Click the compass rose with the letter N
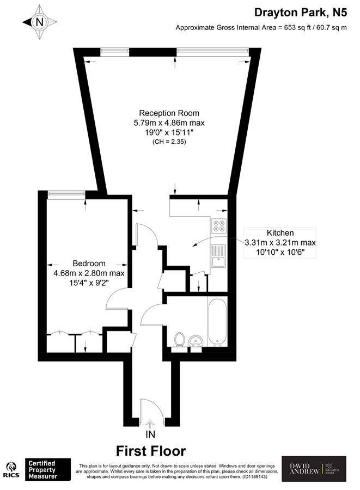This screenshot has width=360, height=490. (x=39, y=23)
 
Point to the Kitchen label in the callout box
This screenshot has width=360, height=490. (x=280, y=232)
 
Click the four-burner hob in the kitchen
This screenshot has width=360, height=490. (x=219, y=225)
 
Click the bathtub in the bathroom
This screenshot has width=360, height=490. (x=217, y=322)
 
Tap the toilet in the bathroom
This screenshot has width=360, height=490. (x=178, y=340)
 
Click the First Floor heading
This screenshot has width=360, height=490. (x=151, y=451)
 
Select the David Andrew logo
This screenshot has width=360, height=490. (x=313, y=469)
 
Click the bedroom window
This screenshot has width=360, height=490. (x=66, y=193)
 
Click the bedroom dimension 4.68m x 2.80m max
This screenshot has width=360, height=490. (x=89, y=273)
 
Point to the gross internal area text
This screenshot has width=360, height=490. (x=260, y=28)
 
